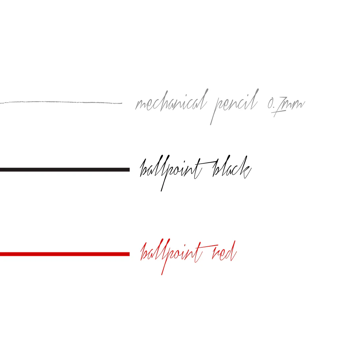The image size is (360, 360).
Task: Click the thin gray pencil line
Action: (x=61, y=102)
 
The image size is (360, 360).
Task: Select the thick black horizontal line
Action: (x=65, y=170)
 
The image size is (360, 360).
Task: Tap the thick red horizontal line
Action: (x=65, y=254)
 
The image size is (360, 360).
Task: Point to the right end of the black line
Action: (x=129, y=170)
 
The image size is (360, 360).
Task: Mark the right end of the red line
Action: (x=129, y=254)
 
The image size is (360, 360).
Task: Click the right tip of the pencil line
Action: (x=122, y=103)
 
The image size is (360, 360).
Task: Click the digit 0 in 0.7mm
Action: (x=270, y=104)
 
